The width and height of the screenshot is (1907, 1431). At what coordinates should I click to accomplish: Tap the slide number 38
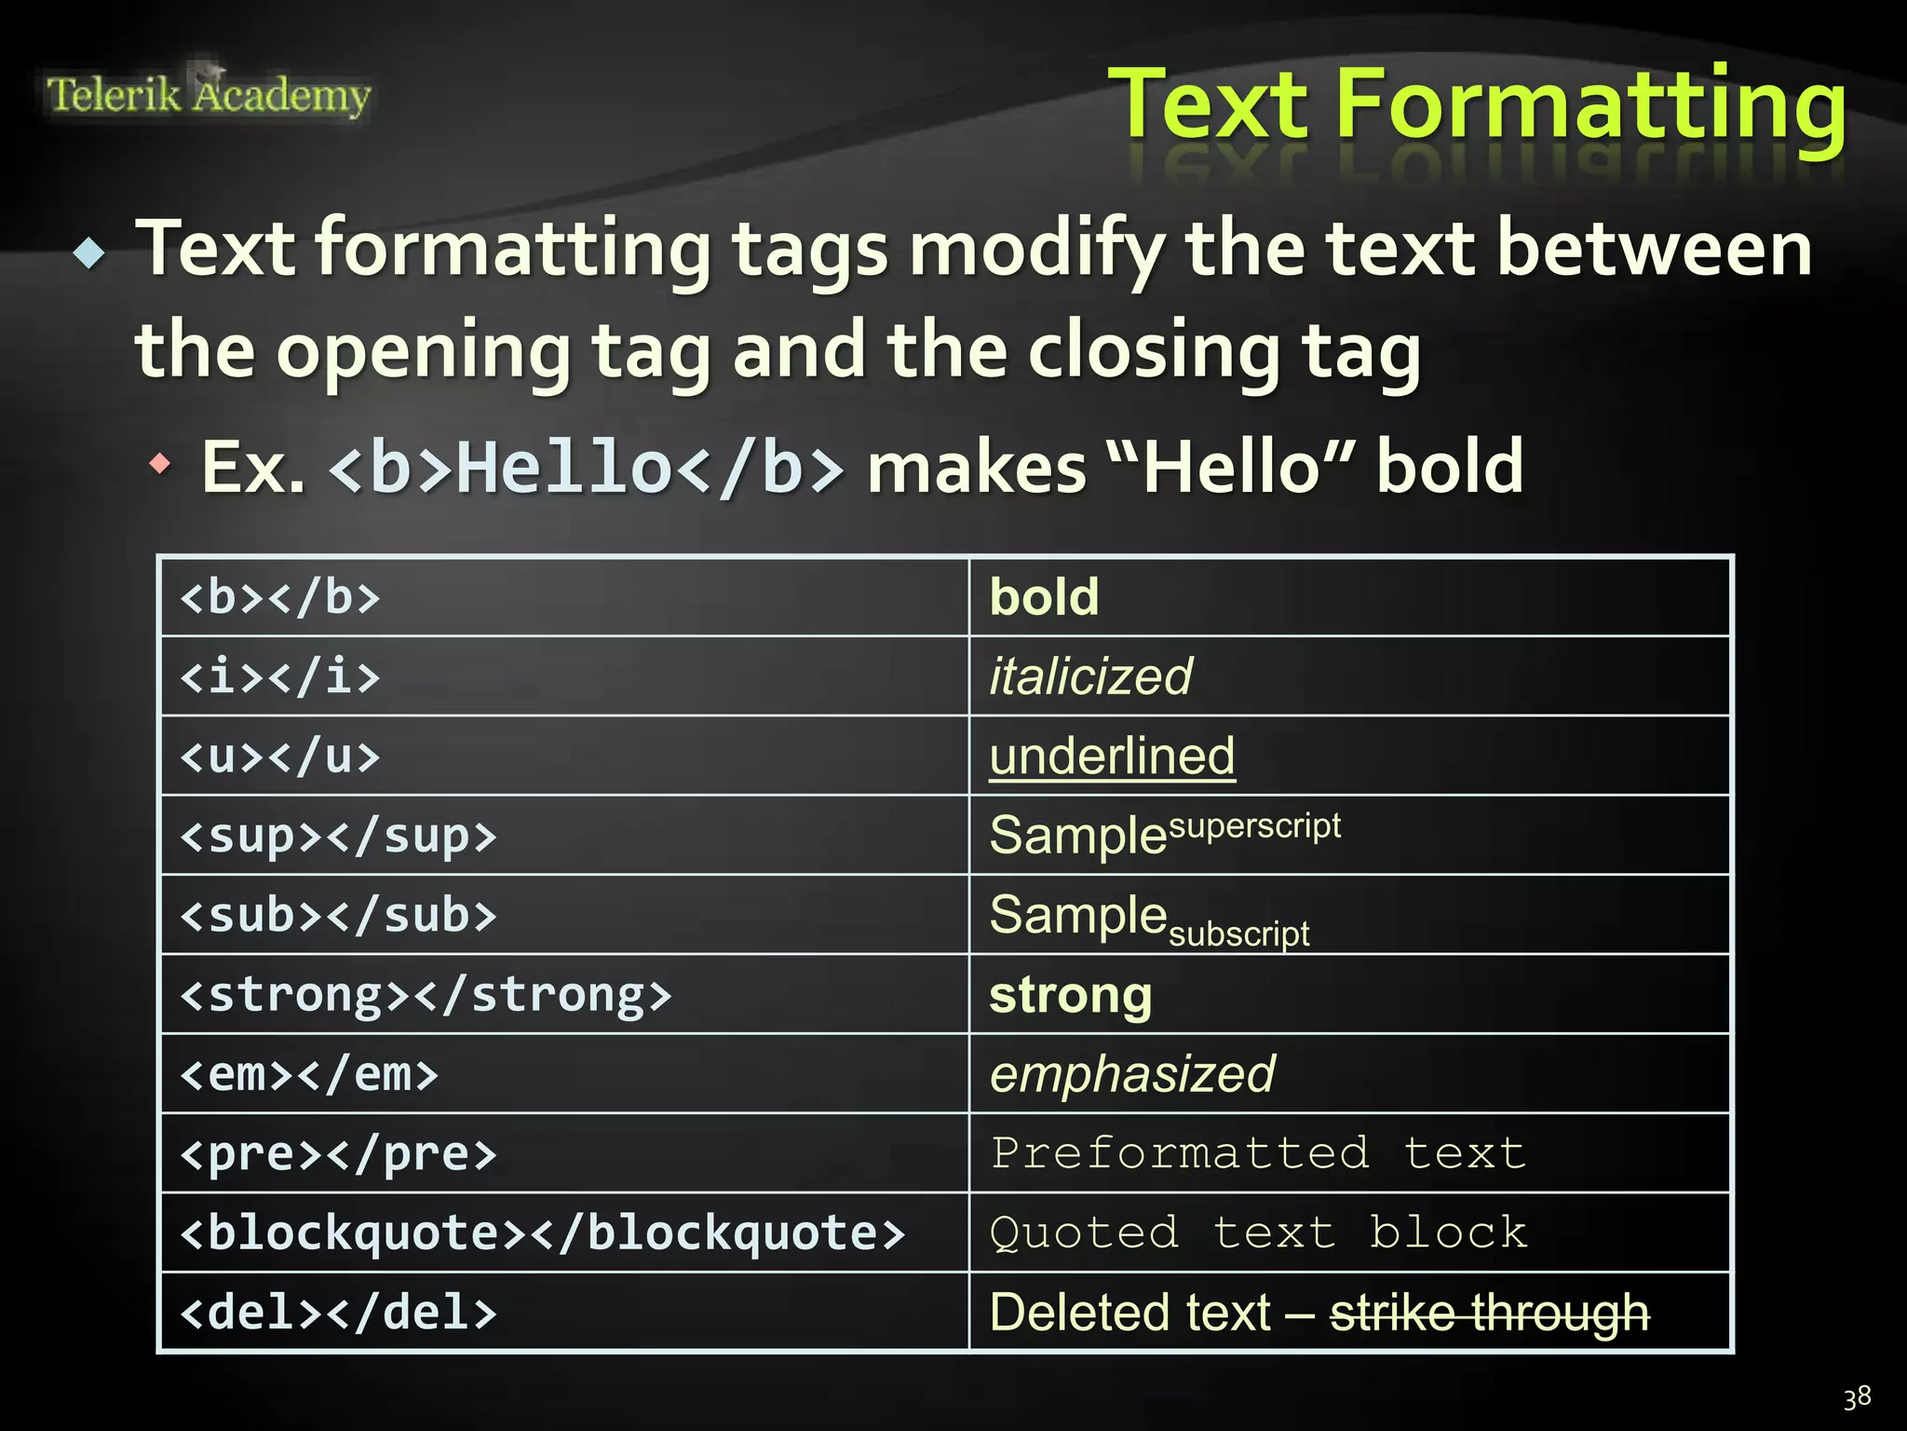[1857, 1397]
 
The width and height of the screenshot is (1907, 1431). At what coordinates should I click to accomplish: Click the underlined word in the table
[1112, 756]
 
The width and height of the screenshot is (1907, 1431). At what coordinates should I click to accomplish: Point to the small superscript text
[1254, 825]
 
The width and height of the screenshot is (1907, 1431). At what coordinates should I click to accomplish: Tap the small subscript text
[1238, 933]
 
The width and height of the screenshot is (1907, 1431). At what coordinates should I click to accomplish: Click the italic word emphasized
[1131, 1074]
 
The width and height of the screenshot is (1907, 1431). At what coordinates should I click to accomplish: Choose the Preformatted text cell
[1257, 1153]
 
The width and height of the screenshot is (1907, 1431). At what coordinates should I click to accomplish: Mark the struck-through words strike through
[1489, 1313]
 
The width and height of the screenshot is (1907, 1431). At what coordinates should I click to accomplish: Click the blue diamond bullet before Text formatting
[90, 252]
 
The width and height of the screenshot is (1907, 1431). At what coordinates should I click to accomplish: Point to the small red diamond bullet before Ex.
[161, 463]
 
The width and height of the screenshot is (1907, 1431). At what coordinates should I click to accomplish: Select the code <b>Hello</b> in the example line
[587, 467]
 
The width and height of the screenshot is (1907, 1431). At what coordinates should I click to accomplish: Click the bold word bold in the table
[1044, 597]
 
